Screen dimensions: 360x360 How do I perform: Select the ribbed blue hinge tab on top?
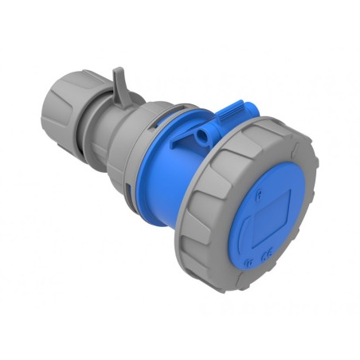coord(230,114)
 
